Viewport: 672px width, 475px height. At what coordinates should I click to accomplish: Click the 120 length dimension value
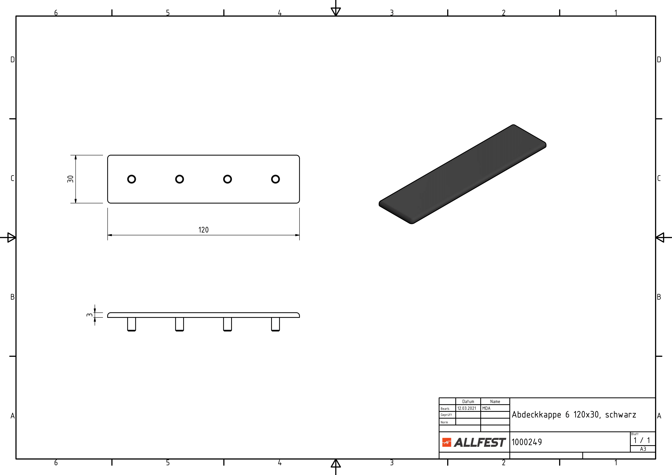coord(203,230)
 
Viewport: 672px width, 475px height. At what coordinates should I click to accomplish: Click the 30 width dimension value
coord(70,179)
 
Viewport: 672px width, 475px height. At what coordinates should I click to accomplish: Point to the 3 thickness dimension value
coord(89,315)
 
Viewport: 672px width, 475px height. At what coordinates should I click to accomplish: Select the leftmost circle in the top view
coord(131,179)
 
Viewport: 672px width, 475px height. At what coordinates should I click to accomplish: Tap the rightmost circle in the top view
coord(275,179)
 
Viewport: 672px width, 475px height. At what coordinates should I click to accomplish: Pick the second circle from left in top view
coord(179,179)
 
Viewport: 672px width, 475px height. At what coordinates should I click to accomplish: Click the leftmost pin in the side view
coord(131,324)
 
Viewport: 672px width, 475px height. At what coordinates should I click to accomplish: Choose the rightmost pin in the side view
coord(275,324)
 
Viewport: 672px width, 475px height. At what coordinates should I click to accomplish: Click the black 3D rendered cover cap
coord(462,174)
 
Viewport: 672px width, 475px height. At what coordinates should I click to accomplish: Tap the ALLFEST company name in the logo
coord(480,443)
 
